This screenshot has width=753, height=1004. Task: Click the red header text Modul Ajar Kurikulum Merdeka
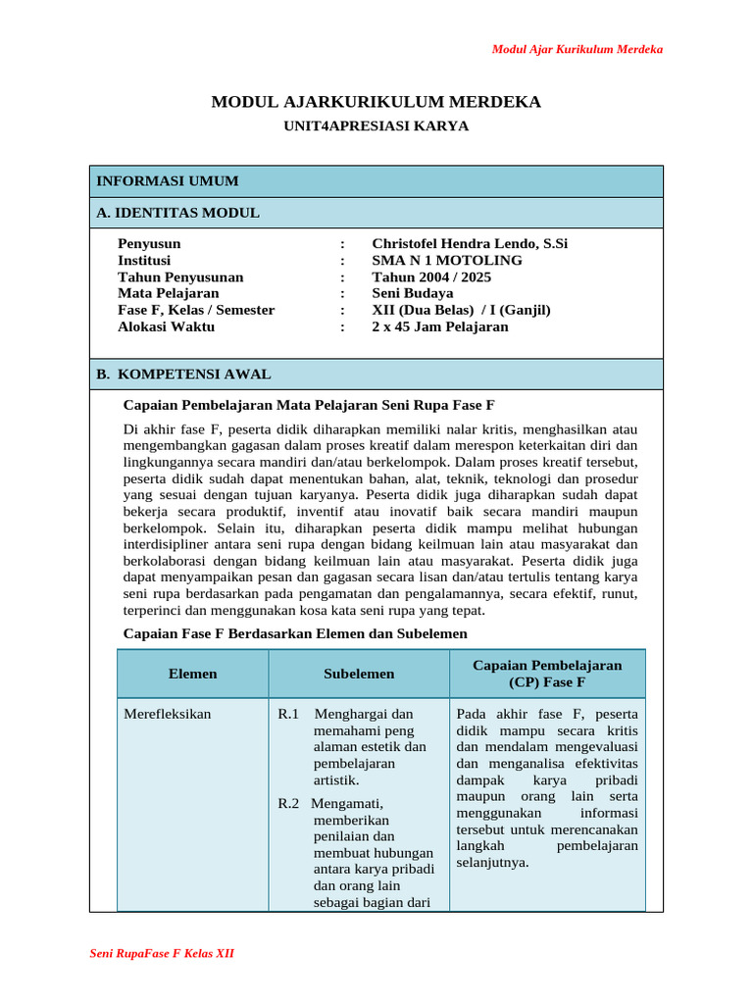tap(577, 49)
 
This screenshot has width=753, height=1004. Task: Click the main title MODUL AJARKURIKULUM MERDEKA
tap(376, 102)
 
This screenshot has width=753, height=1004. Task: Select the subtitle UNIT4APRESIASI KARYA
tap(376, 125)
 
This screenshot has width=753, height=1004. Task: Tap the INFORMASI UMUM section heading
tap(167, 181)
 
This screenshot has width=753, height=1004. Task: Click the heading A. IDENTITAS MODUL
tap(177, 213)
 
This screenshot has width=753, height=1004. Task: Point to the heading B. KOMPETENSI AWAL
tap(183, 375)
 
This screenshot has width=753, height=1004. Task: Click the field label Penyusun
tap(149, 244)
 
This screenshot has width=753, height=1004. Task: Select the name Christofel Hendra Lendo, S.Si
tap(470, 244)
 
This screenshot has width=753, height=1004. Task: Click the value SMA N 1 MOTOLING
tap(447, 261)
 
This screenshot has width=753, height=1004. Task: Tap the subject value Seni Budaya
tap(413, 293)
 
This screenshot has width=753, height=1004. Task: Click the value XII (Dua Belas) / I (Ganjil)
tap(461, 310)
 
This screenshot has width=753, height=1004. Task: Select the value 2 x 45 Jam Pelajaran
tap(440, 326)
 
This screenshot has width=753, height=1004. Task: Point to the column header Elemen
tap(193, 674)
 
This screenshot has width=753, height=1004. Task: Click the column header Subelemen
tap(359, 674)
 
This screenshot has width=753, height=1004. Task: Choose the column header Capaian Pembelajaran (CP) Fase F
tap(547, 674)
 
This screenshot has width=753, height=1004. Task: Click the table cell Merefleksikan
tap(168, 714)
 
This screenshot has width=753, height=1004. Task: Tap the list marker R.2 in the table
tap(288, 804)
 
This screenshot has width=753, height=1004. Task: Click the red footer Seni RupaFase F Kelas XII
tap(162, 953)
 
